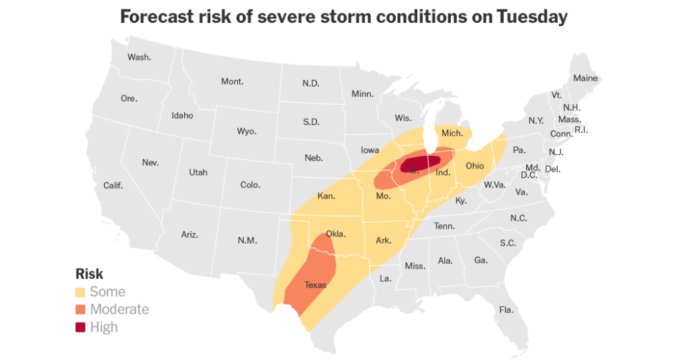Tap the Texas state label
pos(315,285)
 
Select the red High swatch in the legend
pos(80,327)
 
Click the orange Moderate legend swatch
pos(80,310)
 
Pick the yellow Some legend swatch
pos(80,292)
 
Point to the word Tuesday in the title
pos(532,17)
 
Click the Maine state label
pos(585,79)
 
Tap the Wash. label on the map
pos(139,57)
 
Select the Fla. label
pos(506,310)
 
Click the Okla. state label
pos(335,234)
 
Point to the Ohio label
pos(474,165)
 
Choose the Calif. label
pos(113,185)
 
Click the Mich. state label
pos(452,133)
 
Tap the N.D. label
pos(310,83)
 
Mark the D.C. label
pos(528,175)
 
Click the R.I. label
pos(581,130)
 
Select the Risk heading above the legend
pos(89,274)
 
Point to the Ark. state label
pos(384,240)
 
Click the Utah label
pos(198,172)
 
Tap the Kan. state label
pos(327,197)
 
